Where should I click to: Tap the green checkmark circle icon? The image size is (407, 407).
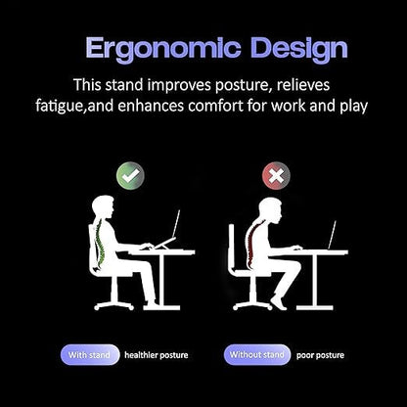click(x=129, y=176)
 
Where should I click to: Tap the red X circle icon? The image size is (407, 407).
click(x=276, y=176)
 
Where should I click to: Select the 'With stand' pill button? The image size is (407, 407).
click(x=90, y=354)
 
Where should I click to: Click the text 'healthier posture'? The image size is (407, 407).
click(x=157, y=354)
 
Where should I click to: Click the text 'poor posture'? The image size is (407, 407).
click(x=320, y=354)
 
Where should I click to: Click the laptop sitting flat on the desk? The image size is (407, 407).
click(x=332, y=236)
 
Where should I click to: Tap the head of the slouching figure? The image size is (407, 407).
click(x=273, y=209)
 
